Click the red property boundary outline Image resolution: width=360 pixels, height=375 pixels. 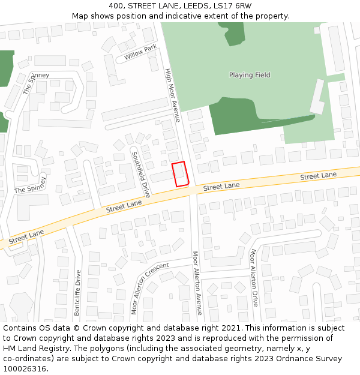[181, 174]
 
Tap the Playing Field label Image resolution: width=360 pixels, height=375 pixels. [250, 75]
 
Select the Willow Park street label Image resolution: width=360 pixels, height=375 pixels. [140, 53]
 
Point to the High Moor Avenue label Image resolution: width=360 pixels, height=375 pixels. [172, 95]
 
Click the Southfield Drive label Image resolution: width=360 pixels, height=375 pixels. [141, 174]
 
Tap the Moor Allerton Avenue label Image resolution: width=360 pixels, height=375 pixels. [196, 287]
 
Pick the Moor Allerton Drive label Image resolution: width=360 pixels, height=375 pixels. [254, 277]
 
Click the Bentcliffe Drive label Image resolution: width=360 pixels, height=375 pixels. [77, 293]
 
